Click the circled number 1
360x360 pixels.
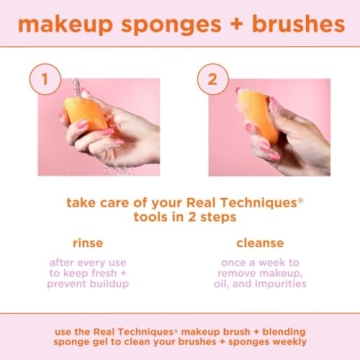41,79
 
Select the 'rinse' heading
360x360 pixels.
88,243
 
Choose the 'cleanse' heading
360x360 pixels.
259,243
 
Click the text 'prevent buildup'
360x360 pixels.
88,284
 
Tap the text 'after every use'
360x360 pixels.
88,262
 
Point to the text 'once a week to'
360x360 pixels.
259,262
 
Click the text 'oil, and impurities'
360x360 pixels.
259,284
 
